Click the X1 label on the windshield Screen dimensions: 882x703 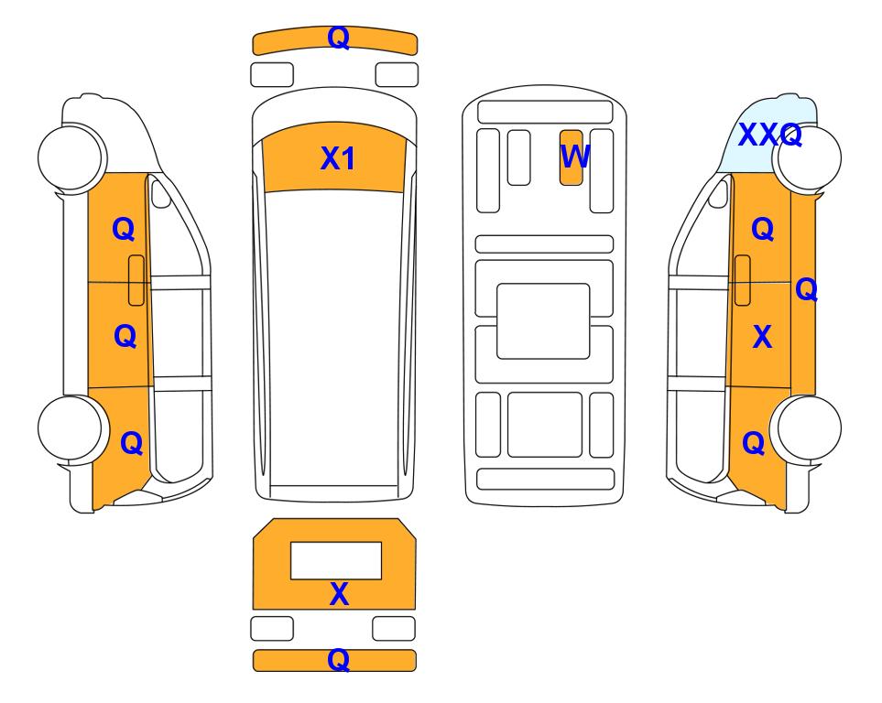click(x=337, y=158)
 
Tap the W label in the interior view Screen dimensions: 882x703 click(x=575, y=156)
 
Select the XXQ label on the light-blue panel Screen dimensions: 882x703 click(x=769, y=135)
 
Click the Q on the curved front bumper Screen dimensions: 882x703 click(x=339, y=38)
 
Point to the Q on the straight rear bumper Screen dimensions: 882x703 click(x=339, y=660)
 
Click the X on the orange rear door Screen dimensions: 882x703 click(x=339, y=594)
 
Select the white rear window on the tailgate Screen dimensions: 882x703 click(x=336, y=561)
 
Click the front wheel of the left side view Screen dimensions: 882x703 click(x=71, y=157)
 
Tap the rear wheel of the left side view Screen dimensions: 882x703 click(x=71, y=428)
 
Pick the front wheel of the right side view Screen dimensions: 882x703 click(x=809, y=158)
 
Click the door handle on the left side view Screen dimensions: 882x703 click(x=136, y=280)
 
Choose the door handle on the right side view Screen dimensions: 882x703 click(x=743, y=280)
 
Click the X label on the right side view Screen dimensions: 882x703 click(x=762, y=337)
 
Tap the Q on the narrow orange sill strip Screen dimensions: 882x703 click(x=806, y=289)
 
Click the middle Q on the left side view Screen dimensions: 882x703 click(x=125, y=336)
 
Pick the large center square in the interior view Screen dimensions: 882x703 click(x=543, y=321)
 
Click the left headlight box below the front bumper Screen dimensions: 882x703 click(x=272, y=75)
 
